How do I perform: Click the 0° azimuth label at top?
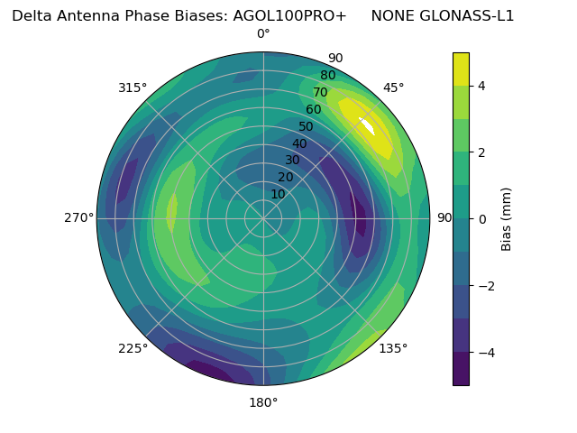[x=263, y=34]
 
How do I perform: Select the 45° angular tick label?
[x=393, y=88]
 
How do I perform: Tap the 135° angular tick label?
[x=393, y=348]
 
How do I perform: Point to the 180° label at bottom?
[x=263, y=402]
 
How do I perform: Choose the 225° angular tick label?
[x=133, y=348]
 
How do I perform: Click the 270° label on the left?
[x=78, y=218]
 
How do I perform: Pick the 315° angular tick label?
[x=133, y=88]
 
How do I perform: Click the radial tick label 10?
[x=278, y=194]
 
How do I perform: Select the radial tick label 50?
[x=307, y=126]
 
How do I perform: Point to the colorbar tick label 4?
[x=482, y=86]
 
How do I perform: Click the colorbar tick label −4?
[x=486, y=352]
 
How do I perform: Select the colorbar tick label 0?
[x=482, y=218]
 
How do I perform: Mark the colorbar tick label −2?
[x=486, y=285]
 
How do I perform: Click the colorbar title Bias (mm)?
[x=507, y=218]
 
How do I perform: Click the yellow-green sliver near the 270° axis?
[x=171, y=213]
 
